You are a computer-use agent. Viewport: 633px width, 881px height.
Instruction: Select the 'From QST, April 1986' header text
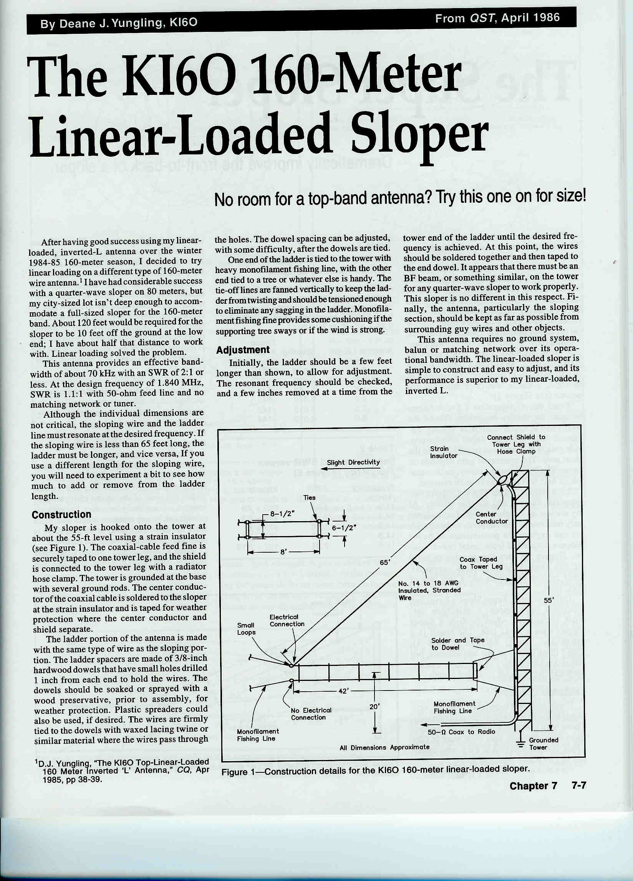coord(497,18)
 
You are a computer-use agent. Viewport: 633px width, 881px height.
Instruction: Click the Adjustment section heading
coord(242,349)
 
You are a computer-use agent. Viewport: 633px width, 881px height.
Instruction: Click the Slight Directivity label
coord(353,462)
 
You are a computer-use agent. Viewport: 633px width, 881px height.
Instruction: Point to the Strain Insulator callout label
coord(443,452)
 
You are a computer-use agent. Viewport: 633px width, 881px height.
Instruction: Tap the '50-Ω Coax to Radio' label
coord(461,732)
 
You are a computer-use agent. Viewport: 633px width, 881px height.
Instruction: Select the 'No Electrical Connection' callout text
coord(310,714)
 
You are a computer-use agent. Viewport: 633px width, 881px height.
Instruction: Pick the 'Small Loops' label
coord(246,629)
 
